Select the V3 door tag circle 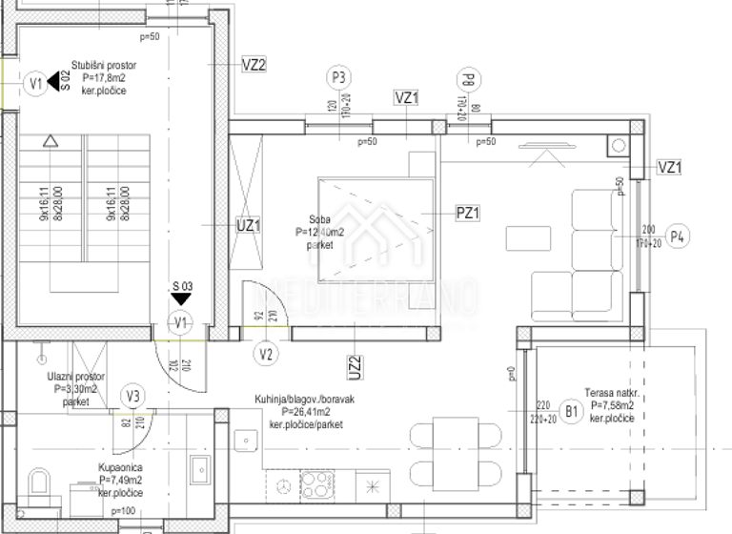coord(134,396)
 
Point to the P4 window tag coord(677,237)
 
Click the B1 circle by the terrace coord(573,411)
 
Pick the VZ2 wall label coord(254,65)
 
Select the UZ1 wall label coord(249,226)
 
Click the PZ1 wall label coord(468,214)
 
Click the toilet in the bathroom coord(39,483)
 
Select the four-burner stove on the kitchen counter coord(315,483)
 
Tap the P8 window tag coord(467,78)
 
